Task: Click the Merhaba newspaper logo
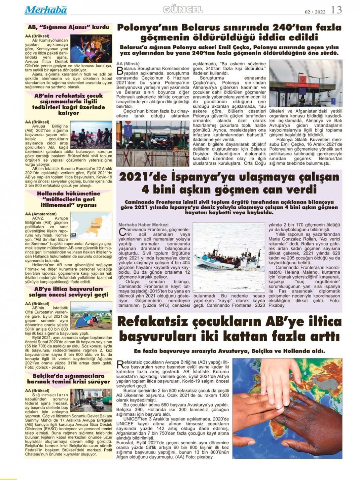[x=46, y=10]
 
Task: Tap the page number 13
[x=336, y=10]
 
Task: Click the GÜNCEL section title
[x=183, y=10]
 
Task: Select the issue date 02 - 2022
[x=315, y=12]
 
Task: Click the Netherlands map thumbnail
[x=91, y=225]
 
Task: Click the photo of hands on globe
[x=287, y=408]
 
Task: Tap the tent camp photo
[x=91, y=315]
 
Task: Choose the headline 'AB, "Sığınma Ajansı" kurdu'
[x=69, y=27]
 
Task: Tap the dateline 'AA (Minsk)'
[x=128, y=64]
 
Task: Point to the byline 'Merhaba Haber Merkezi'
[x=143, y=225]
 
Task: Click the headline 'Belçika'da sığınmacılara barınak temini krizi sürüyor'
[x=69, y=379]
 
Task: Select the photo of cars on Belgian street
[x=91, y=401]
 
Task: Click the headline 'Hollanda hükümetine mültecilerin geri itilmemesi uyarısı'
[x=69, y=199]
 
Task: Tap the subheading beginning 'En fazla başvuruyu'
[x=229, y=351]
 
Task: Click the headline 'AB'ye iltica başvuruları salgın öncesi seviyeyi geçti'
[x=69, y=292]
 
